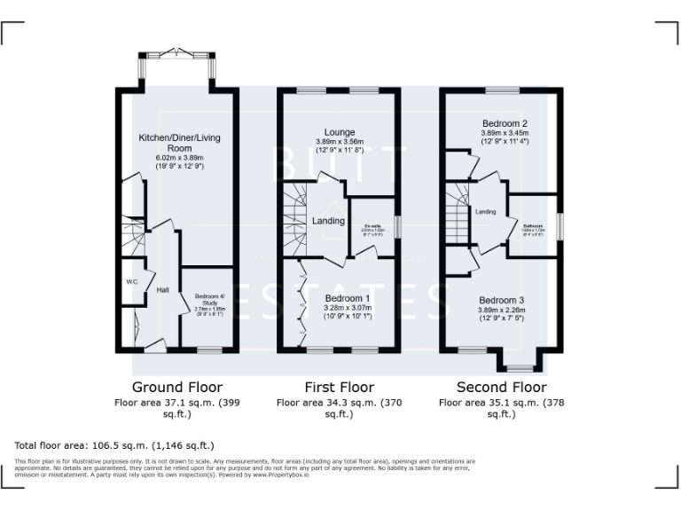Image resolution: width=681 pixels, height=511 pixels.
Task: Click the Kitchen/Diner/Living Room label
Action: pos(179,143)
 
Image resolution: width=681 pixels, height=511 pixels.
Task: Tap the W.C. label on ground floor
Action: pos(132,282)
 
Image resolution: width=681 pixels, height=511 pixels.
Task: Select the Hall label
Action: pos(162,290)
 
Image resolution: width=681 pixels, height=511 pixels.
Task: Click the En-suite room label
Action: pos(372,228)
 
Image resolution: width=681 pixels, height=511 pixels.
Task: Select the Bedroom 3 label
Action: pos(503,300)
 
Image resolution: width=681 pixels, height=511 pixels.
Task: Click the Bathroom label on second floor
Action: pos(532,226)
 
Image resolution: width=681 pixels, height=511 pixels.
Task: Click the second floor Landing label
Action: pos(485,212)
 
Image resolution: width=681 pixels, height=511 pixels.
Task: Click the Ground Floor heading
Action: pos(177,388)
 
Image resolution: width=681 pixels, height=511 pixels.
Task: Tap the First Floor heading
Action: pos(339,388)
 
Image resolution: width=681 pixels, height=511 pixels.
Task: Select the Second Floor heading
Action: pos(501,388)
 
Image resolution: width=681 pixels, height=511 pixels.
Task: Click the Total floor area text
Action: pos(114,444)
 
